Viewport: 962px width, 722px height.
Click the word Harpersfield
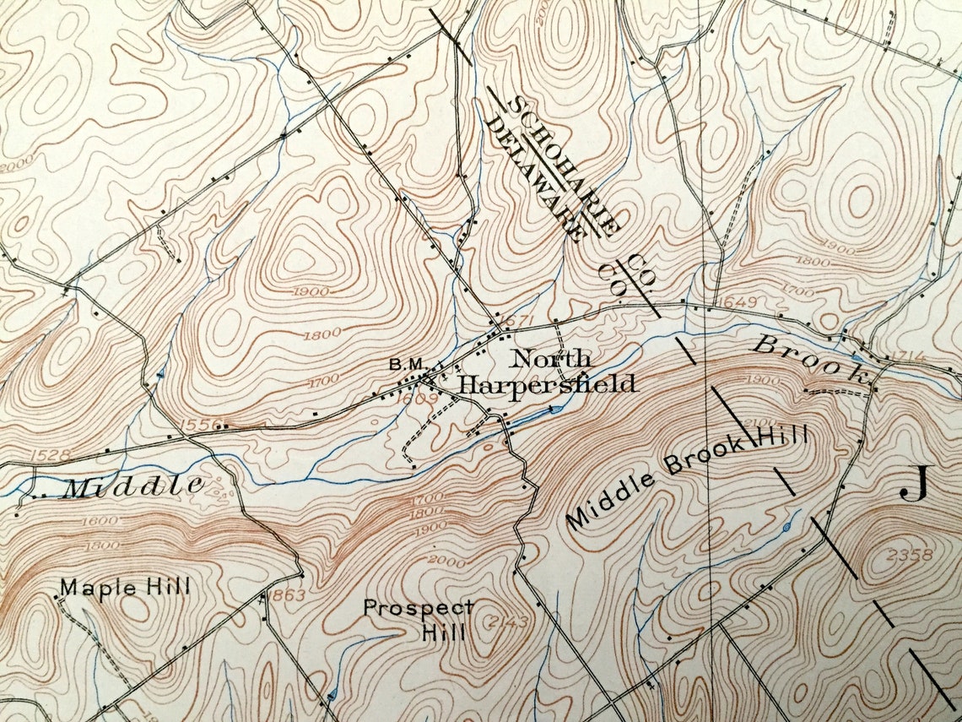547,384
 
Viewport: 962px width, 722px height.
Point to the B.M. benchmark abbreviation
406,364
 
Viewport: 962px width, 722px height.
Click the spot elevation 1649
732,301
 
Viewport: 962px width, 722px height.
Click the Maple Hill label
125,587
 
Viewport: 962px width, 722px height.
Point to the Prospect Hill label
419,619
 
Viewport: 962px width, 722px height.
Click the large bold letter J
914,483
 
